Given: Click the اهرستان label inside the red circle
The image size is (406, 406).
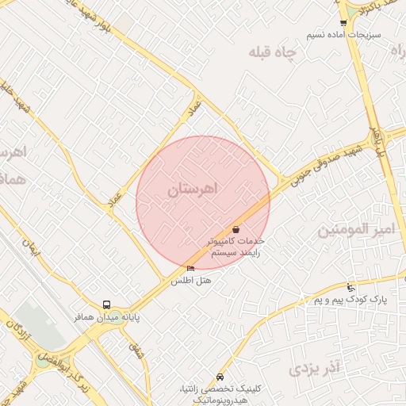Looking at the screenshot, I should click(x=193, y=190).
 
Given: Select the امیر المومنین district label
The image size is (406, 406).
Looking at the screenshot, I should click(x=355, y=231).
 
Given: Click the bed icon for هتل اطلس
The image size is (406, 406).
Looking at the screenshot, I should click(x=190, y=268).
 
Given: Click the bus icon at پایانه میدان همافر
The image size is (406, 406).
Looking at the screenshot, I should click(x=107, y=304).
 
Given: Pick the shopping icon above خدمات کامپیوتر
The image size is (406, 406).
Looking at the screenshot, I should click(x=236, y=229).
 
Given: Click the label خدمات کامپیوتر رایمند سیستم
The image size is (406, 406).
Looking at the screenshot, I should click(x=236, y=246).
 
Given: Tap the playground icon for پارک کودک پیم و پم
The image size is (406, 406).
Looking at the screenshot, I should click(x=351, y=287).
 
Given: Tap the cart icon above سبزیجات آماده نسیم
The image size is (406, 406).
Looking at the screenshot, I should click(x=343, y=23).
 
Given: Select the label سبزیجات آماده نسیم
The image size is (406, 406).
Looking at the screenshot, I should click(x=344, y=36).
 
